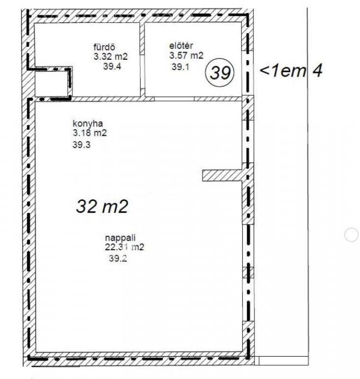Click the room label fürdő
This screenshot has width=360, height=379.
click(104, 47)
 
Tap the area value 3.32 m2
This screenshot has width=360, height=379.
click(110, 57)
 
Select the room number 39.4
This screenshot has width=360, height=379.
click(112, 66)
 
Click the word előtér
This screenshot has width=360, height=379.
click(181, 46)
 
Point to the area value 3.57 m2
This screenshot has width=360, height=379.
click(186, 56)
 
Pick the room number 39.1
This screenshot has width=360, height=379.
click(180, 67)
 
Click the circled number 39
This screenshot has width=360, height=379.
click(219, 73)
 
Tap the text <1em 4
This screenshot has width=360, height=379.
click(291, 71)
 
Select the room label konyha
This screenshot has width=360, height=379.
click(88, 123)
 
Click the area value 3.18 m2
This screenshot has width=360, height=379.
click(90, 133)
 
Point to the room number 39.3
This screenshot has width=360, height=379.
click(81, 145)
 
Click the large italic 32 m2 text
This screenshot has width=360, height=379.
click(102, 206)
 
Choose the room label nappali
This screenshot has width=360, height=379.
click(120, 238)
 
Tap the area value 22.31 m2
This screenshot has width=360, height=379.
click(124, 247)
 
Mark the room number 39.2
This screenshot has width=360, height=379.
click(118, 259)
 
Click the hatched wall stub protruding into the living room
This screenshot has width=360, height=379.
click(222, 176)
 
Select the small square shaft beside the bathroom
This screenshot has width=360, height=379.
click(51, 83)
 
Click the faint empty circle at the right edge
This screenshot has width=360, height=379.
click(351, 234)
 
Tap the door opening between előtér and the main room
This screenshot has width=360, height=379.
click(174, 99)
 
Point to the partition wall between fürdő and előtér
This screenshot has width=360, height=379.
click(143, 60)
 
